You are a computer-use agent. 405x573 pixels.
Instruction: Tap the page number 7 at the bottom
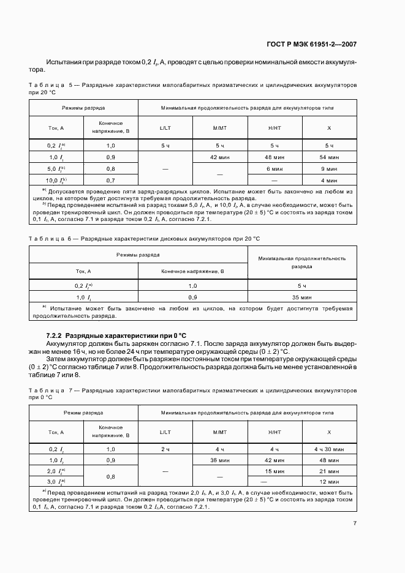355,523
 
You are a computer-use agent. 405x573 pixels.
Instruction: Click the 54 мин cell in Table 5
329,157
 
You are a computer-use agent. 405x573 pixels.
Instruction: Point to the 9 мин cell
329,169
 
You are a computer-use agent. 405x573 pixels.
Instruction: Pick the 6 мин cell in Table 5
274,169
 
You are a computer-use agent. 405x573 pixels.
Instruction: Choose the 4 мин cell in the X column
329,181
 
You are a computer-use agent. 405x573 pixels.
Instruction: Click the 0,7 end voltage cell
111,181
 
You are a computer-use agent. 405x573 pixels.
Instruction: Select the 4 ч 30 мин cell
329,449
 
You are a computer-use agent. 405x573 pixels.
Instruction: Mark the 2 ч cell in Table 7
165,449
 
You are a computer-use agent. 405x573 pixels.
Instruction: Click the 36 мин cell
220,460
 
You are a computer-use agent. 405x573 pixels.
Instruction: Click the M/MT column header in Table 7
220,432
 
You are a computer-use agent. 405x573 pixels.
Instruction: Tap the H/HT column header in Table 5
274,128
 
